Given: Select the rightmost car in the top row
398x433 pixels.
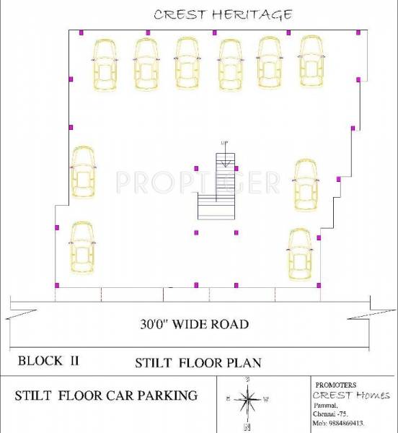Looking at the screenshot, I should [312, 61].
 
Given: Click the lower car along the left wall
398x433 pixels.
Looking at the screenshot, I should [81, 248].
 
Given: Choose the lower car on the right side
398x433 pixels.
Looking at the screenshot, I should [299, 255].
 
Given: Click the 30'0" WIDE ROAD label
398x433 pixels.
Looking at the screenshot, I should [195, 324].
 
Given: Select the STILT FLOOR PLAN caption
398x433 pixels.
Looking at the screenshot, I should [198, 363].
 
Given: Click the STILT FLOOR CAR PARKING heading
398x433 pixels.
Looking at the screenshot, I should [106, 395].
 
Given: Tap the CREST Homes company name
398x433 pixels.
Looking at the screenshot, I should [351, 395].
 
